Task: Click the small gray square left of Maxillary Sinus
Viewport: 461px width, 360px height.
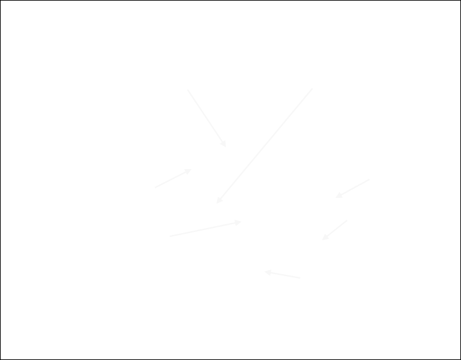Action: [x=334, y=229]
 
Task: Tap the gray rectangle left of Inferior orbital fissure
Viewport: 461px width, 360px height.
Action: [x=352, y=188]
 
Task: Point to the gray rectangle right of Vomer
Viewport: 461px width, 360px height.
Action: [x=205, y=228]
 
